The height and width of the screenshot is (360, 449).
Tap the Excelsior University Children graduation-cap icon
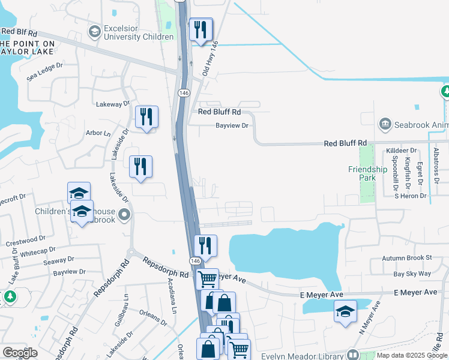pos(94,31)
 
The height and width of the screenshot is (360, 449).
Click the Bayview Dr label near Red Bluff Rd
pos(232,125)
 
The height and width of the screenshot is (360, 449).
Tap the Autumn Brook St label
pos(408,258)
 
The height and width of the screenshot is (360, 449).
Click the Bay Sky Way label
pos(412,274)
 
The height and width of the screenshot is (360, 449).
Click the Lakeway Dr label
pos(113,104)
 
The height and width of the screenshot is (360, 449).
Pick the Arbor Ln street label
pos(98,133)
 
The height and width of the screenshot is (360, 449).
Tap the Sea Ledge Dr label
pos(45,73)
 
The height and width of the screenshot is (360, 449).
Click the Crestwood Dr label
pos(26,241)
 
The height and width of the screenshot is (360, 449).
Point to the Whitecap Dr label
pos(37,251)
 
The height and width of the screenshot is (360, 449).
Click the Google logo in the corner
pos(20,353)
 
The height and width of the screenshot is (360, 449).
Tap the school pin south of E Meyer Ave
pos(345,311)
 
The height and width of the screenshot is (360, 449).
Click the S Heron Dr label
pos(409,196)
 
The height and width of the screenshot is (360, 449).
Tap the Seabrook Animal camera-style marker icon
pos(384,124)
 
